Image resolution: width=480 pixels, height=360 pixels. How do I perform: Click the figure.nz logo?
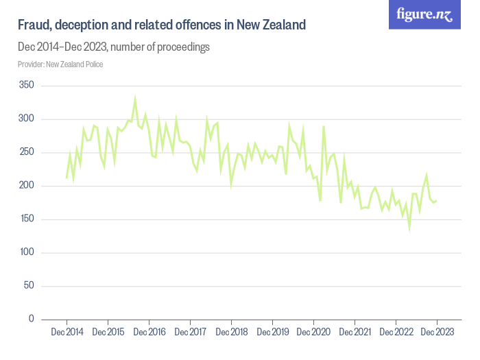(x=424, y=14)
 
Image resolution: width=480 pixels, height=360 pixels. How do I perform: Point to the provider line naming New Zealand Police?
(x=60, y=64)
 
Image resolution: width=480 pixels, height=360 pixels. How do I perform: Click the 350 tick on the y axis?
(x=27, y=86)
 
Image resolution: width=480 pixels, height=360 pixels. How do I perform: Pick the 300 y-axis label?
(x=27, y=119)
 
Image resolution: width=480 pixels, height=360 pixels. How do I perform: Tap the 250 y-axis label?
(x=27, y=152)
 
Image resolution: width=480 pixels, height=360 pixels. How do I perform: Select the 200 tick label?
(x=27, y=186)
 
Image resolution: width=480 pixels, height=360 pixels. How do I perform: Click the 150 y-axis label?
(x=27, y=219)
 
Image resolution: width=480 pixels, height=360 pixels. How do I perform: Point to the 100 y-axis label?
(x=27, y=252)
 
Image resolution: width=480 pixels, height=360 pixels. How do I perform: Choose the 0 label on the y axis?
(x=31, y=319)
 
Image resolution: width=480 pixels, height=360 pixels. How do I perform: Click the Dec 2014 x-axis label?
(x=67, y=333)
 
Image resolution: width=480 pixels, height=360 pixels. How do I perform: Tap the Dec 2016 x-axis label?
(x=149, y=333)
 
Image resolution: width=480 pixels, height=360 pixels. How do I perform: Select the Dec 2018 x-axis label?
(x=231, y=333)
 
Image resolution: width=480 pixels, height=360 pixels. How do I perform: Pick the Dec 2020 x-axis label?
(x=313, y=333)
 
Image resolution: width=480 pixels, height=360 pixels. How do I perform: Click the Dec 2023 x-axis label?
(x=437, y=333)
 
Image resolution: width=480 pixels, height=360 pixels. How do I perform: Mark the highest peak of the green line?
(x=135, y=99)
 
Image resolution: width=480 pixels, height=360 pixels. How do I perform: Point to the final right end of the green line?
(x=437, y=200)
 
